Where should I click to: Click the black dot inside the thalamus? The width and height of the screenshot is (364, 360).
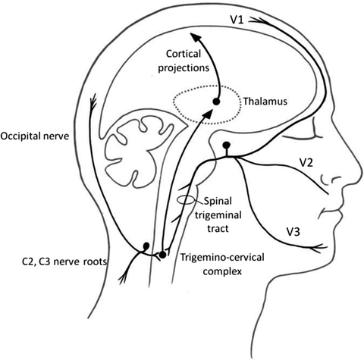coord(216,102)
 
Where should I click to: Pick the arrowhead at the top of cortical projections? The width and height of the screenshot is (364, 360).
coord(196,38)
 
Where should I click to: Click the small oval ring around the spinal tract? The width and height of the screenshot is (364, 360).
coord(186,200)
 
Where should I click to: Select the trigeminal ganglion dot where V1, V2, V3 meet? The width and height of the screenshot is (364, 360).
coord(225,144)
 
